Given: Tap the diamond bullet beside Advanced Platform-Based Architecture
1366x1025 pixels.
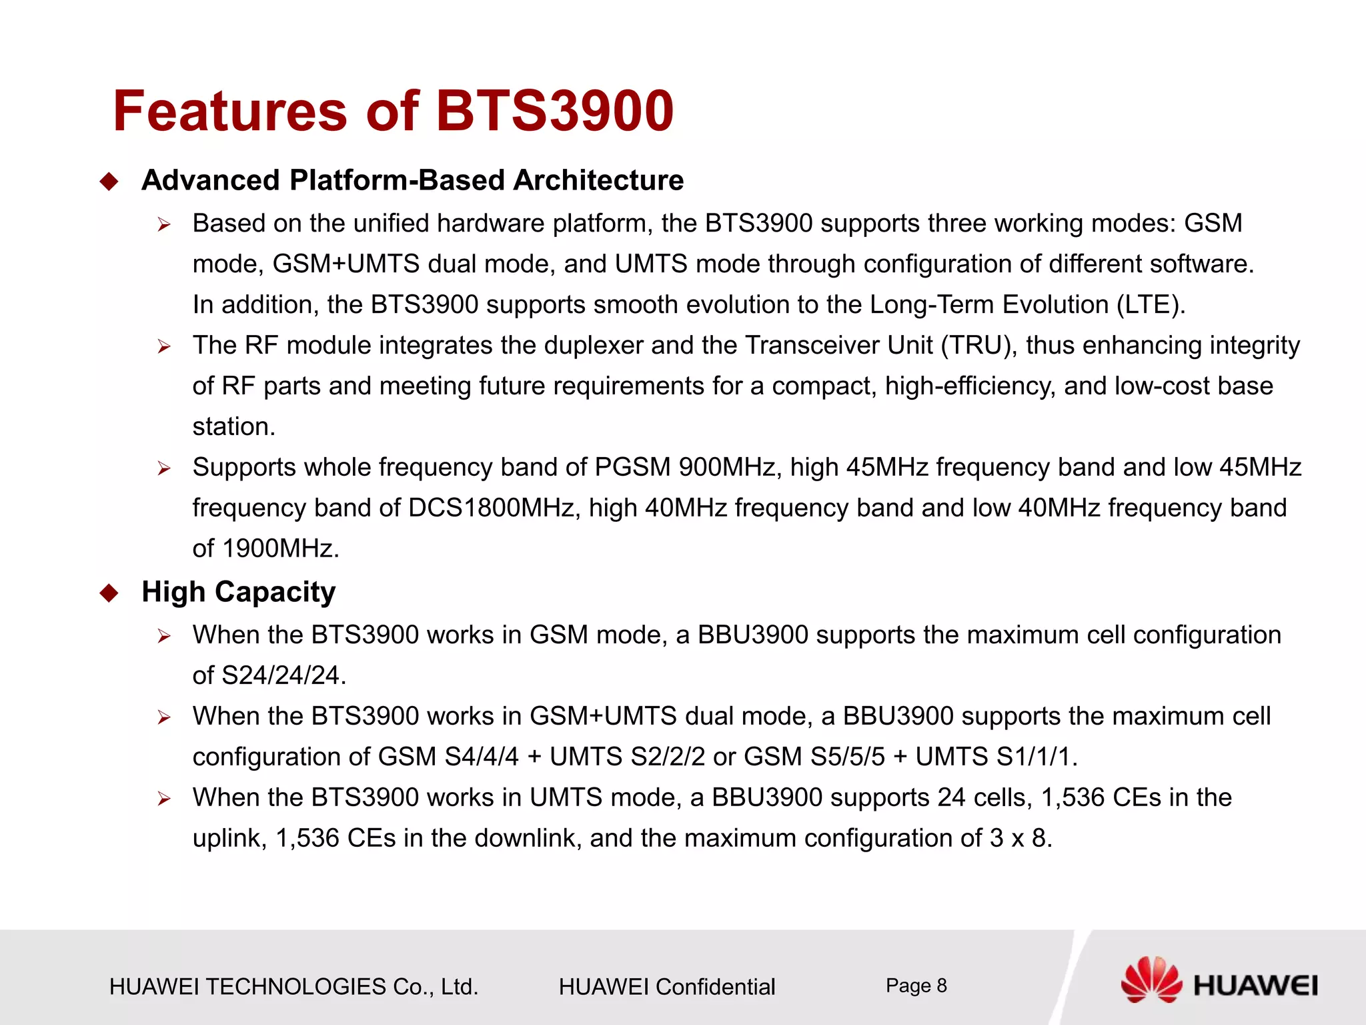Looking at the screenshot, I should click(x=109, y=182).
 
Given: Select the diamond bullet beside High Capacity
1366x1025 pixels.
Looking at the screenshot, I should click(x=109, y=593).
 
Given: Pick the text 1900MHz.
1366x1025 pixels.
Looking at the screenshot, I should click(x=279, y=549).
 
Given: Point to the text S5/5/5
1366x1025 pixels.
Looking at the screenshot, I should click(x=847, y=757).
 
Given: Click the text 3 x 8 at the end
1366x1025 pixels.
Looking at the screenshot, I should click(x=1018, y=839).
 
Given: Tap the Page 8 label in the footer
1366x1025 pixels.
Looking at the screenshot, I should click(x=916, y=986).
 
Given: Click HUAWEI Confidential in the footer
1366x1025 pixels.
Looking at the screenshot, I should click(x=667, y=987).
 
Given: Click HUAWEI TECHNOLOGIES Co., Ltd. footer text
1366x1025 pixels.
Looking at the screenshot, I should click(x=293, y=987).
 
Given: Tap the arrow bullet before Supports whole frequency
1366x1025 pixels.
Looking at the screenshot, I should click(x=164, y=468).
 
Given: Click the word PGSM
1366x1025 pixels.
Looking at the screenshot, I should click(x=632, y=468).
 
